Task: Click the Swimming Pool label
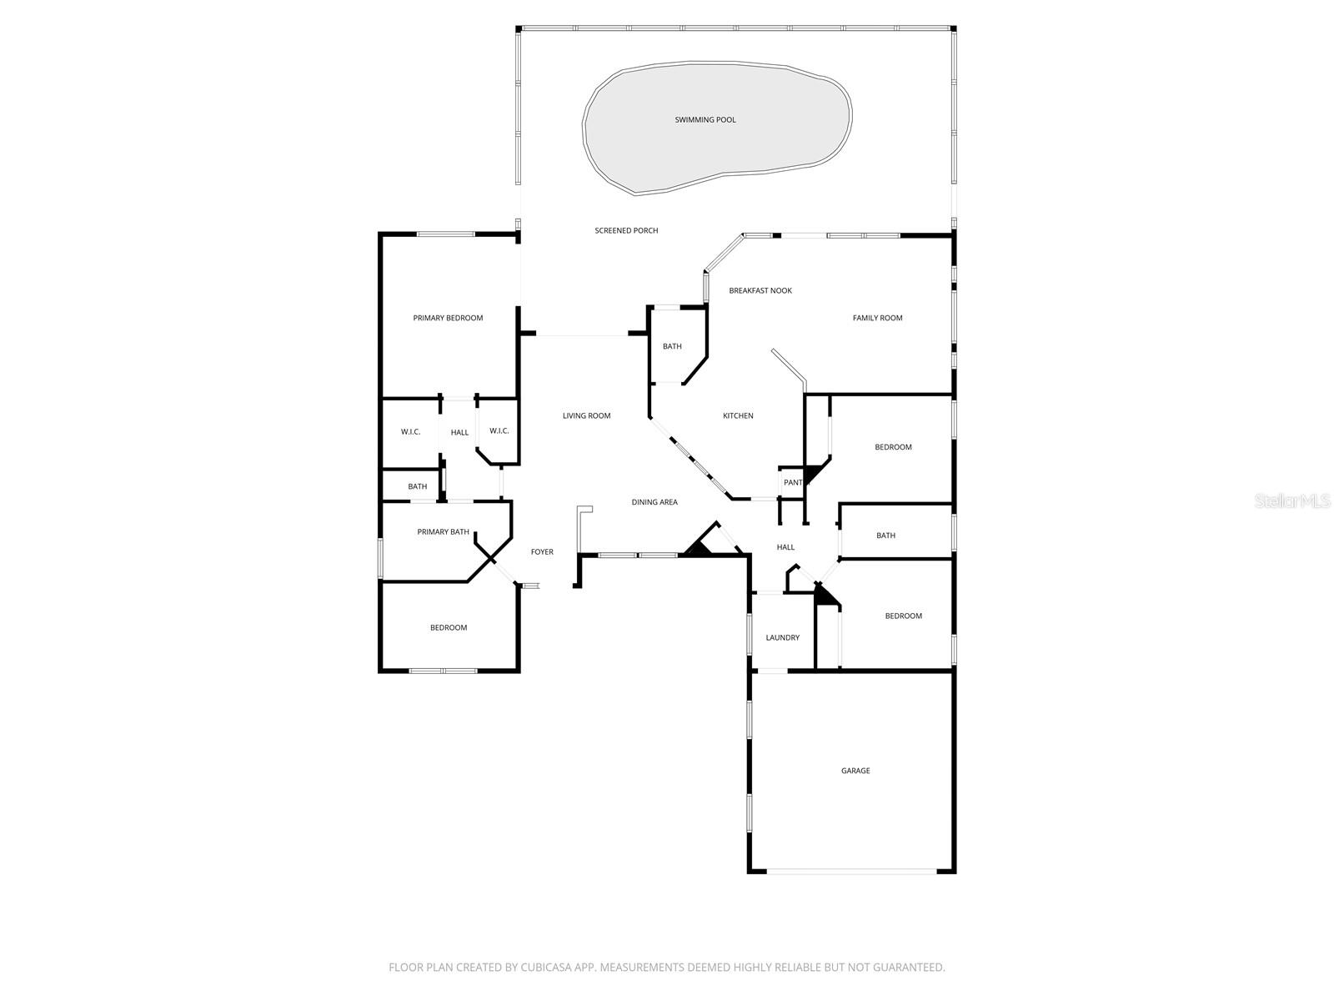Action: pos(705,120)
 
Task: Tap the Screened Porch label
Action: pos(626,230)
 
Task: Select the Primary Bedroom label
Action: pos(448,318)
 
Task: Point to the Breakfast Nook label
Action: pos(760,290)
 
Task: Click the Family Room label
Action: pos(877,318)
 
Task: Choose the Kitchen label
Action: pos(738,415)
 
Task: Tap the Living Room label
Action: pos(586,415)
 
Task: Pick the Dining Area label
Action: pos(654,502)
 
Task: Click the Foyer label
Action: pos(542,551)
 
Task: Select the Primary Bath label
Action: pos(443,531)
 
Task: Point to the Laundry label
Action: pos(782,637)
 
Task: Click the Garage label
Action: pos(855,771)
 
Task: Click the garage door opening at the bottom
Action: pos(851,872)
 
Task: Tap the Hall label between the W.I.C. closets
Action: pos(459,432)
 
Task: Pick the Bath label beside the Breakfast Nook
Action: pos(672,346)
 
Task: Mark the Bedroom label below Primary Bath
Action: pos(449,627)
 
